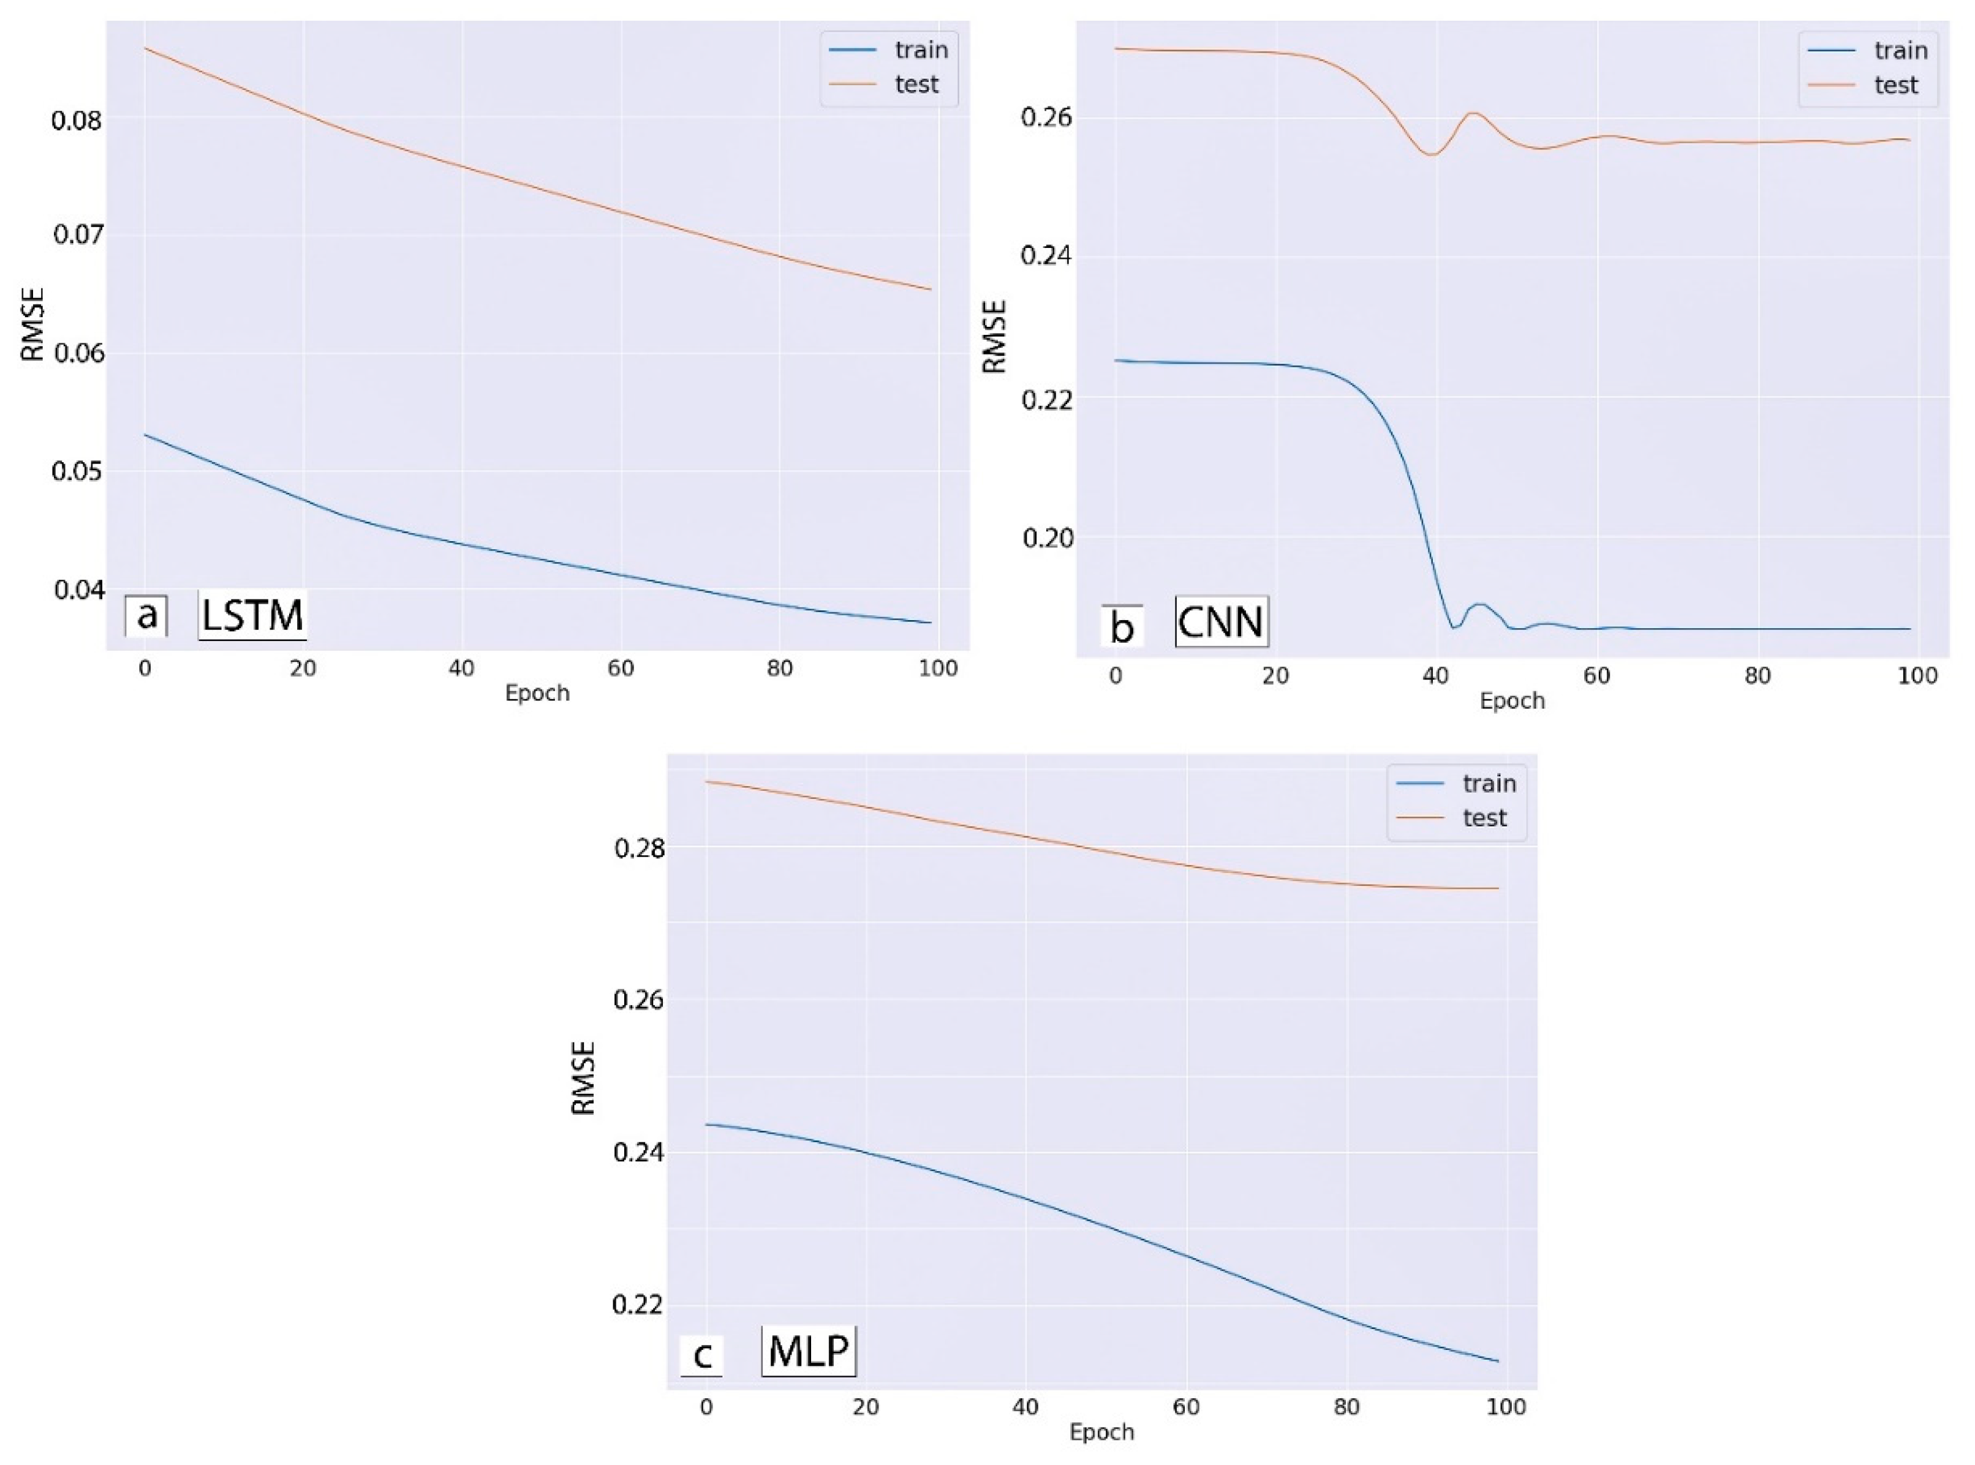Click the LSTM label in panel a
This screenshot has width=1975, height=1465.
252,615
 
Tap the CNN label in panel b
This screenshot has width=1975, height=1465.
1221,621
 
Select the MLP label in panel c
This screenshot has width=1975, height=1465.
808,1352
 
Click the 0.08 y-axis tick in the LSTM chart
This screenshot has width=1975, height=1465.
77,120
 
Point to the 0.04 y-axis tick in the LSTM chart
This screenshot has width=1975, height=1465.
77,589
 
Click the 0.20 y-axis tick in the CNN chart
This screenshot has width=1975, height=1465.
1048,538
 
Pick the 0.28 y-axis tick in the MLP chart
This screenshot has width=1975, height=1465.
639,849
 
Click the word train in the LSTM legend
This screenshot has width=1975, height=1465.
921,50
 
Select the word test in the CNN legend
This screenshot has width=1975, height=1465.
1896,85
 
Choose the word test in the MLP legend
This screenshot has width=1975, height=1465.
1484,818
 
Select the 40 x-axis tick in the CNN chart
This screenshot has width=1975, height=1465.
1435,676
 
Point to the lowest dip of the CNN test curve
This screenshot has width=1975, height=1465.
1430,154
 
